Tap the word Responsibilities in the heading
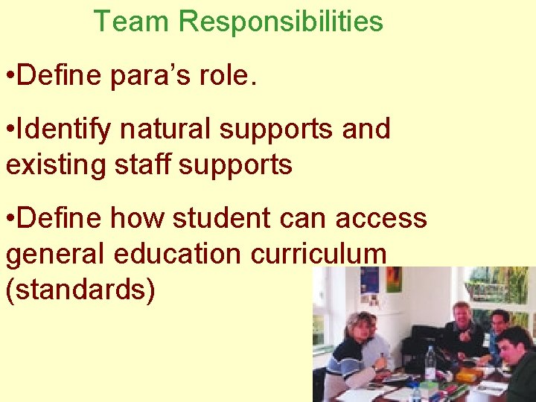[281, 22]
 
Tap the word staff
[141, 165]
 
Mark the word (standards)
[80, 290]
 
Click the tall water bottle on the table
[430, 363]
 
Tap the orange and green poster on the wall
[394, 278]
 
